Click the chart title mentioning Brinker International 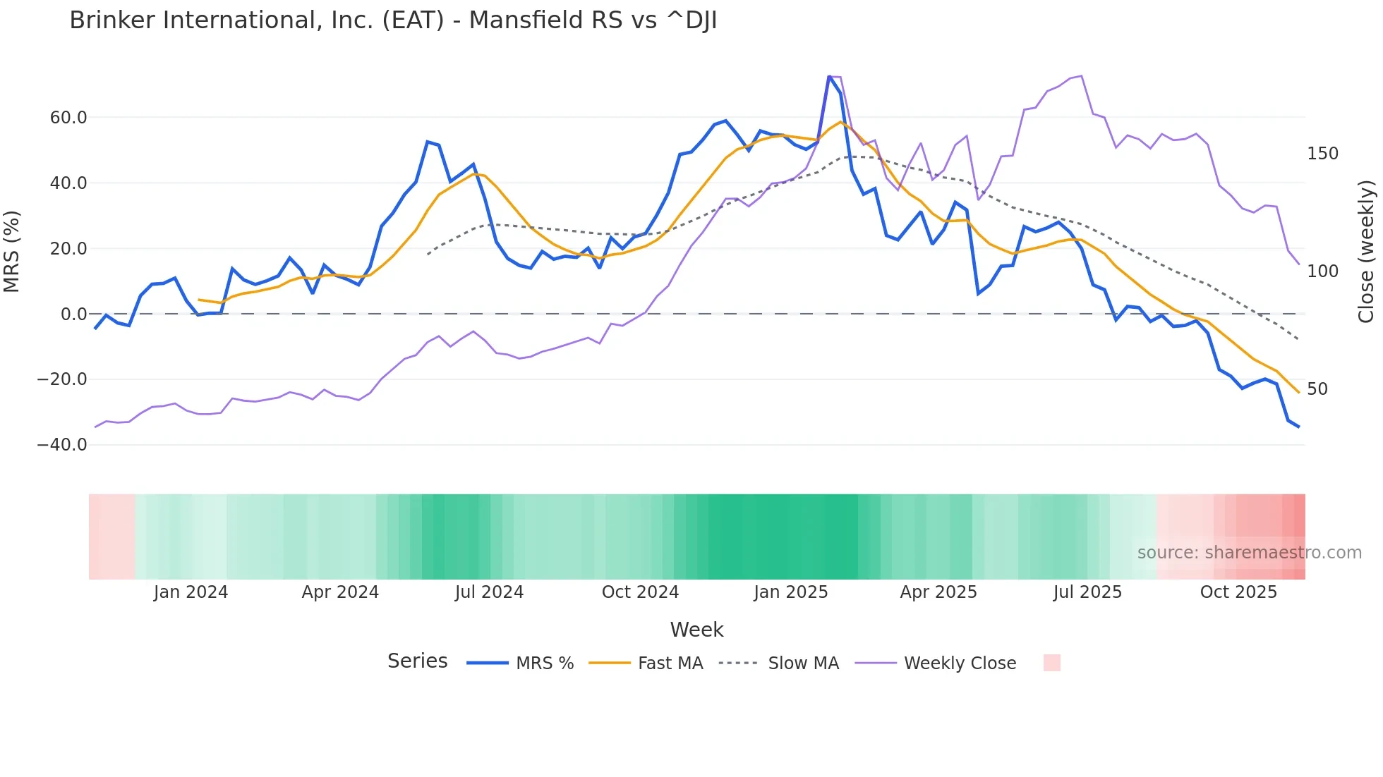click(x=393, y=20)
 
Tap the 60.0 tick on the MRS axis click(x=68, y=118)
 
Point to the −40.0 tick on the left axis click(x=62, y=445)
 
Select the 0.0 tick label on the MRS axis click(x=73, y=314)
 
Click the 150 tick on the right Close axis click(x=1322, y=154)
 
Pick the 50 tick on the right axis click(x=1317, y=389)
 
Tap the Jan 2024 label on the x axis click(x=191, y=592)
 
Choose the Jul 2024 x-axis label click(x=489, y=592)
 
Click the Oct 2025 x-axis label click(x=1238, y=592)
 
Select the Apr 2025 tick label click(x=938, y=592)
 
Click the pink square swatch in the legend click(x=1051, y=663)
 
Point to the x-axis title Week click(x=696, y=630)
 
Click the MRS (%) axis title click(x=12, y=252)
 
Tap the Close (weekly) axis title click(x=1366, y=252)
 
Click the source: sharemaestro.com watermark click(x=1249, y=553)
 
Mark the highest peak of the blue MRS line click(x=829, y=76)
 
